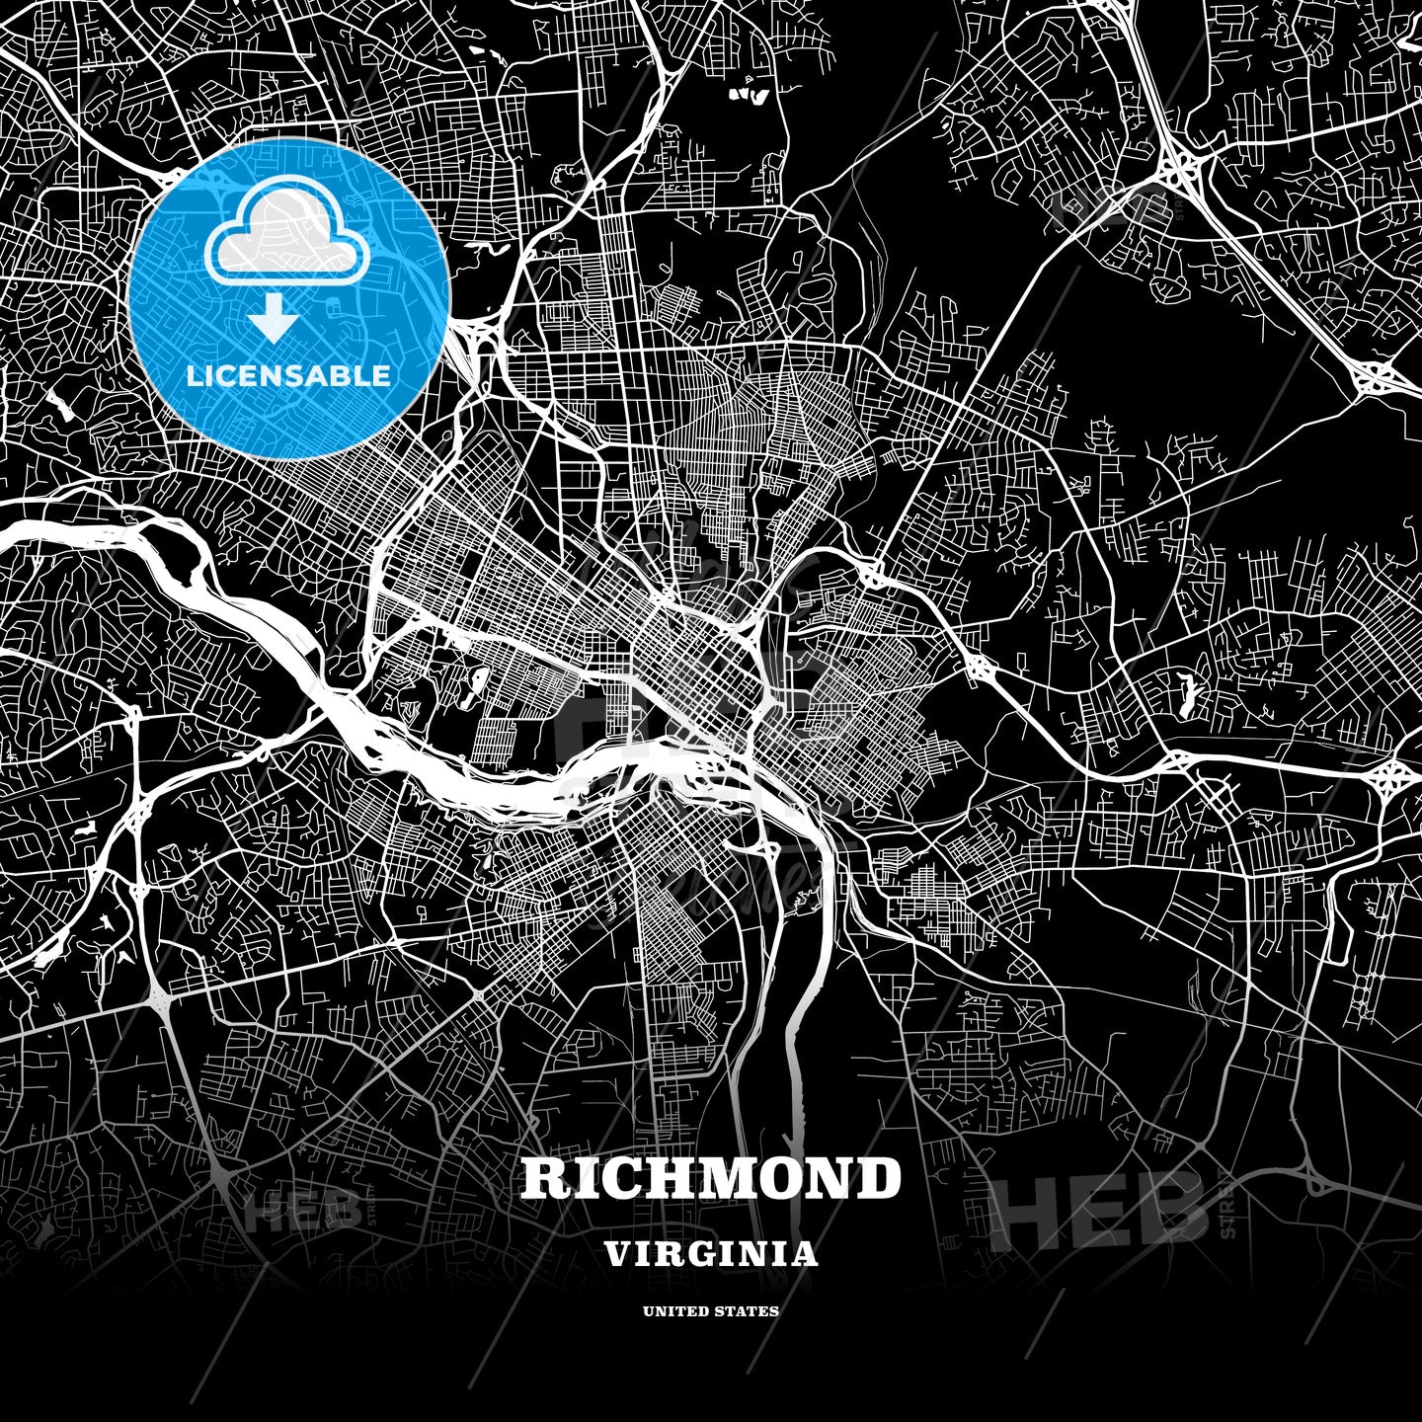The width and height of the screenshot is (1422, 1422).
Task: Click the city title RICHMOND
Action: [711, 1178]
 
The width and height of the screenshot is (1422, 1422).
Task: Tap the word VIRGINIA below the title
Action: [711, 1254]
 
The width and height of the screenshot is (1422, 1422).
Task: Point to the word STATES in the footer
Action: [747, 1311]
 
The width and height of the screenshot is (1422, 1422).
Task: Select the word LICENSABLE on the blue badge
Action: [287, 376]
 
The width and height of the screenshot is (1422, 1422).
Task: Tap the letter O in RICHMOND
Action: [780, 1178]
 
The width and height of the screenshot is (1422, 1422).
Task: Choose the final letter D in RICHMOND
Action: [878, 1178]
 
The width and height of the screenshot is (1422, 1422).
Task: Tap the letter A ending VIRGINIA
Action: [805, 1254]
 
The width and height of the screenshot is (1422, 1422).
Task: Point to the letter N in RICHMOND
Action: [829, 1178]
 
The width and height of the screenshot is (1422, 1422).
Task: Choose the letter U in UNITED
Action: [648, 1311]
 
